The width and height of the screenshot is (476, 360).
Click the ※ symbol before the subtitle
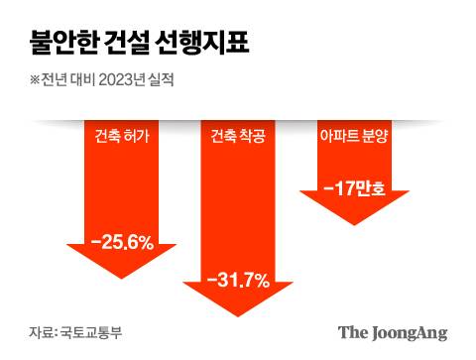(x=35, y=81)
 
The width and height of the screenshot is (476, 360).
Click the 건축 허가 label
(x=122, y=138)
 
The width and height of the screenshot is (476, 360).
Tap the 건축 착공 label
(x=238, y=138)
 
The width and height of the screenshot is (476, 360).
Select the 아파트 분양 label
(x=354, y=138)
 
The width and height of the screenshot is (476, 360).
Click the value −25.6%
(x=122, y=240)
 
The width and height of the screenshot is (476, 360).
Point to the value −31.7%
(x=238, y=281)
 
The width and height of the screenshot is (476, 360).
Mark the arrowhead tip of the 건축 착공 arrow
(x=238, y=315)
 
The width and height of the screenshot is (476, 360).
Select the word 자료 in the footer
(x=41, y=332)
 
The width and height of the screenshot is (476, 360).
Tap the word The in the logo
(x=352, y=332)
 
